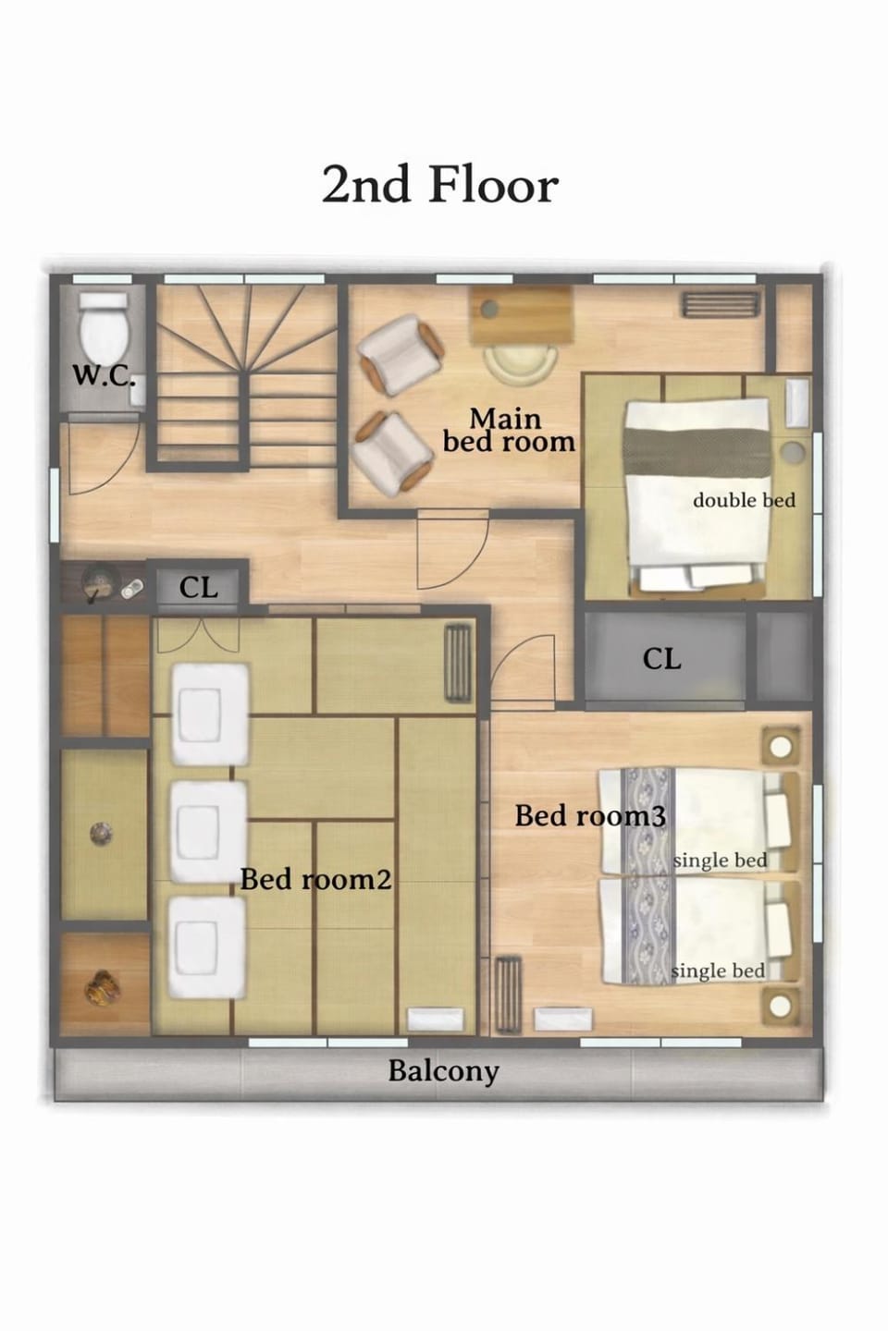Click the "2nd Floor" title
click(440, 184)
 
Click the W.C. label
click(104, 376)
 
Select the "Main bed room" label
click(508, 432)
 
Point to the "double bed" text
click(744, 500)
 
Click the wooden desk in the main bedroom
click(522, 315)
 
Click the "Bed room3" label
click(590, 816)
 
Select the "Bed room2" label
click(315, 879)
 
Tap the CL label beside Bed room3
click(661, 659)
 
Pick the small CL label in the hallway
click(198, 588)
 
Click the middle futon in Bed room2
click(209, 832)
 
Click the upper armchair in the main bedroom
click(401, 355)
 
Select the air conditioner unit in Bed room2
click(459, 663)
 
